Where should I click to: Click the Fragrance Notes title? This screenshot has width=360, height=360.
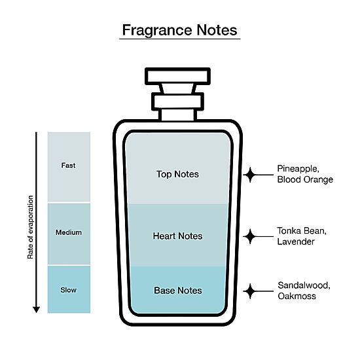pos(179,30)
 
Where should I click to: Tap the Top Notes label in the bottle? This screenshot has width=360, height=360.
pos(177,174)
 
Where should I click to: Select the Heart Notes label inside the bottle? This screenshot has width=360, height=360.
pos(177,236)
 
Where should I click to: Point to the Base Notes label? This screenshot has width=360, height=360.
pos(178,291)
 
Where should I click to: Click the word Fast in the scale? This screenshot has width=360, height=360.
pos(69,166)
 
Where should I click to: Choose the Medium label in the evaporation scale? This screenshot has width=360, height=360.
pos(69,232)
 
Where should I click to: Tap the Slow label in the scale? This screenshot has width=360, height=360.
pos(69,290)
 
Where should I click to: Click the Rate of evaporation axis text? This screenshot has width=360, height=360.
pos(30,227)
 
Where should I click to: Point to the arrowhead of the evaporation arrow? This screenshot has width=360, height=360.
pos(36,310)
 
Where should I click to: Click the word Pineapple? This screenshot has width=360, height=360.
pos(298,169)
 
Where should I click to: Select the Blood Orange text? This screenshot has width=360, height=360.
pos(305,179)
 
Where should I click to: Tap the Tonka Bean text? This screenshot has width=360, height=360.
pos(302,231)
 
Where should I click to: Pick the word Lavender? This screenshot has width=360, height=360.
pos(296,242)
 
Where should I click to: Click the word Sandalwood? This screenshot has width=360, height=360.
pos(304,285)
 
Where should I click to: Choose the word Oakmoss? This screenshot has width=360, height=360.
pos(297,296)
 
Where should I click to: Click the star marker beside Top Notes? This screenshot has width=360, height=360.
pos(250,175)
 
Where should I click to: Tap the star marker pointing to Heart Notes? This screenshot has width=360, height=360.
pos(250,236)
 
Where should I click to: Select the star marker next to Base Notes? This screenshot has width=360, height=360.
pos(250,291)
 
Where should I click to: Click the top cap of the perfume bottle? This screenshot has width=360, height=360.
pos(177,76)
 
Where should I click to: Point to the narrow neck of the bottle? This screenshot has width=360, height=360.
pos(177,115)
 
